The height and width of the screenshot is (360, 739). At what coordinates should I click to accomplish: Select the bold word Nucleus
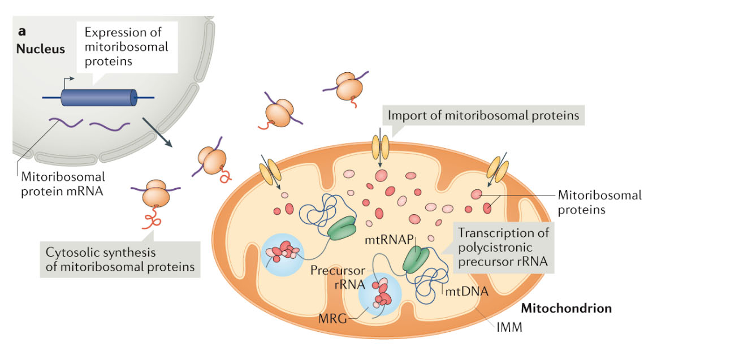point(40,49)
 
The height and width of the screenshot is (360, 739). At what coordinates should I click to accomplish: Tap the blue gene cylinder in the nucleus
point(98,98)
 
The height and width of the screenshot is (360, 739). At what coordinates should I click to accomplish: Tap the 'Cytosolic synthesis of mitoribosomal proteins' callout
point(119,259)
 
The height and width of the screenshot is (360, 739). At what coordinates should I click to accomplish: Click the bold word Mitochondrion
point(566,309)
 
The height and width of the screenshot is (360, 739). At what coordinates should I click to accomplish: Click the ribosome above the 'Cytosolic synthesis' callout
point(154,194)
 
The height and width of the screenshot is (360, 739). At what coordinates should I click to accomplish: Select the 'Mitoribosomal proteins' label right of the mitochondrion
point(599,202)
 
